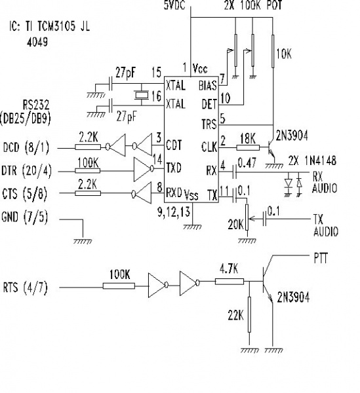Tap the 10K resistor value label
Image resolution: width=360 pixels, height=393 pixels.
(284, 56)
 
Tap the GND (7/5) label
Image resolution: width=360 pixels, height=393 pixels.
(28, 216)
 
